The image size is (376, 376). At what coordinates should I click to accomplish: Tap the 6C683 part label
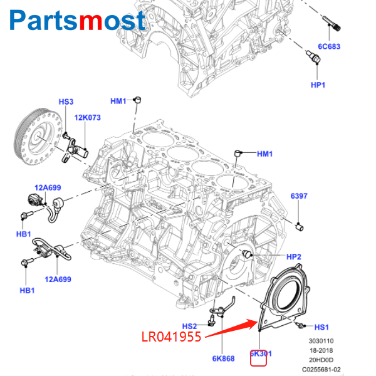tap(328, 46)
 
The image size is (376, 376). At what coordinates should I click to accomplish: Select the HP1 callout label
tap(318, 85)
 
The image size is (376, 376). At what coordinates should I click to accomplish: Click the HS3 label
tap(66, 102)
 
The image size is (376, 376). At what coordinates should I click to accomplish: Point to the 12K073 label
tap(87, 117)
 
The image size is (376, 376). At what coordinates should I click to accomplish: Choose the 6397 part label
tap(299, 196)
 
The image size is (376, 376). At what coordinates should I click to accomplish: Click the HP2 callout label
tap(294, 257)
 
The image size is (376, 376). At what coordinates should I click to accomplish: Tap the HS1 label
tap(321, 327)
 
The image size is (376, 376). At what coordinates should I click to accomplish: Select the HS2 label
tap(189, 326)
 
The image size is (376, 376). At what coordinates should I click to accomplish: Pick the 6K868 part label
tap(223, 358)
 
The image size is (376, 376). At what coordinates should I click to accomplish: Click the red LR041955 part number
tap(171, 337)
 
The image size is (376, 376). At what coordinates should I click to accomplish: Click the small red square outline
tap(259, 357)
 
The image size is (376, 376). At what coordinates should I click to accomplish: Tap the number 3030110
tap(325, 341)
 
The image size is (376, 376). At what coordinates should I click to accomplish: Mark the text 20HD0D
tap(325, 360)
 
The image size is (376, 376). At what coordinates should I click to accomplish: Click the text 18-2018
tap(325, 350)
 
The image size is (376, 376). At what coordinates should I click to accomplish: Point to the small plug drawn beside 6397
tap(300, 225)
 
